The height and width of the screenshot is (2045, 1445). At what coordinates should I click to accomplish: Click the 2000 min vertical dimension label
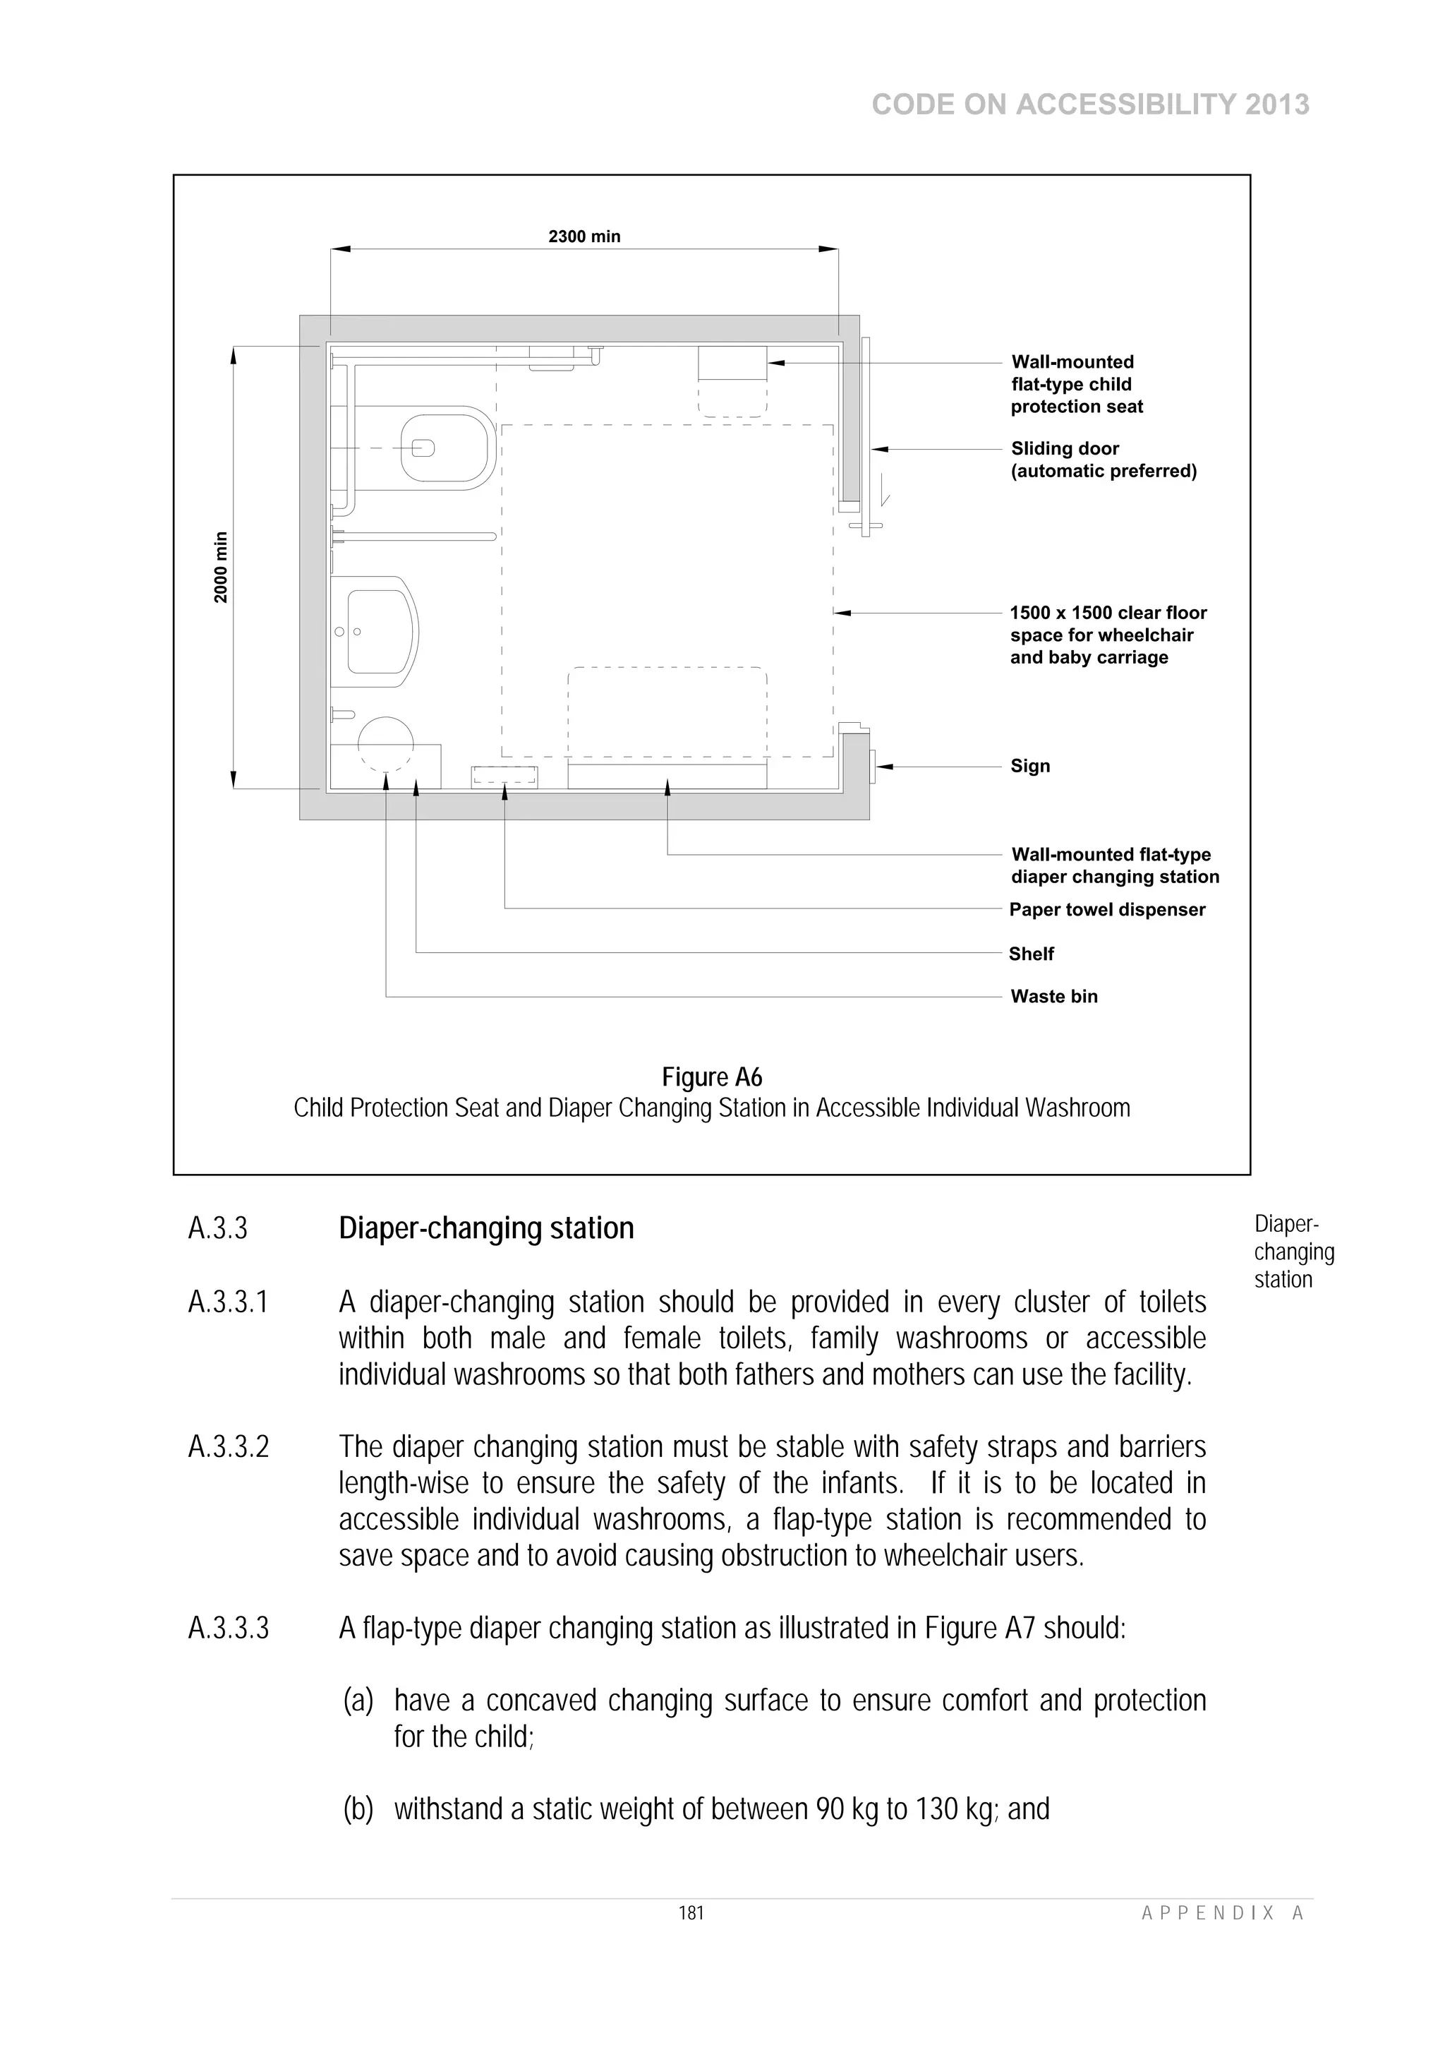[221, 568]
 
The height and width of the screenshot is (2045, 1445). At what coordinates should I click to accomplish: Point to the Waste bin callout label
[1054, 997]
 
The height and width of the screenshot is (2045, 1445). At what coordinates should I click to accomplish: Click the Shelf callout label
[1031, 954]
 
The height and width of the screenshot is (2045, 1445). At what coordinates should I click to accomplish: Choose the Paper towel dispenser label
[1106, 909]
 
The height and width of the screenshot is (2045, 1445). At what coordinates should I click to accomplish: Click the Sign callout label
[1030, 766]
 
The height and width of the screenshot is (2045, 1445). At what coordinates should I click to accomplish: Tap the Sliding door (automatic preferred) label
[1103, 460]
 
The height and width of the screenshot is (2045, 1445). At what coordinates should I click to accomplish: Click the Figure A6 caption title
[712, 1078]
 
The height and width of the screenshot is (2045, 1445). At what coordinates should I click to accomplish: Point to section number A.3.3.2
[229, 1447]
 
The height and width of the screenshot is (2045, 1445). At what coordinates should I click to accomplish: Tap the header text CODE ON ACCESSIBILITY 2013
[1091, 105]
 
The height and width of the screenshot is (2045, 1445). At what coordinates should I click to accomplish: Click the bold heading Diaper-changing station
[486, 1228]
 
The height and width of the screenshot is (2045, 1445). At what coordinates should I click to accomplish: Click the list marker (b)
[358, 1809]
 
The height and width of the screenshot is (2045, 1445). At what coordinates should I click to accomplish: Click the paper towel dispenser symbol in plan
[504, 776]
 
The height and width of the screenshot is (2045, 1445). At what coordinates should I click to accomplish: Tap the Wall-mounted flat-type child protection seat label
[1077, 384]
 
